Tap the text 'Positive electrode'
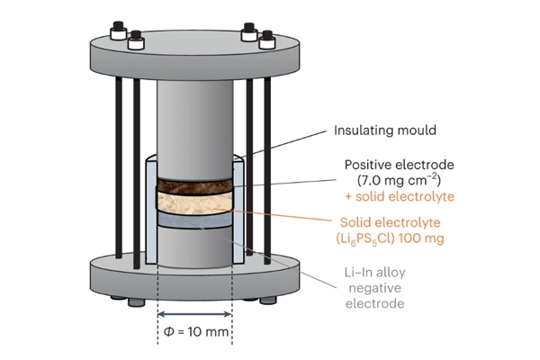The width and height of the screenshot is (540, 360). (x=400, y=165)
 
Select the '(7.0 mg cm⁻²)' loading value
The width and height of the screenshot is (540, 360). (x=400, y=180)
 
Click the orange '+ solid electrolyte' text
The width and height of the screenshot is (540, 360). (x=400, y=196)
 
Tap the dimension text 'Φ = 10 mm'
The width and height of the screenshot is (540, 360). (x=195, y=335)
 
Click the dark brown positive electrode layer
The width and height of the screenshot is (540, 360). (x=194, y=189)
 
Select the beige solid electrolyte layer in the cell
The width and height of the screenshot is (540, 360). (x=194, y=209)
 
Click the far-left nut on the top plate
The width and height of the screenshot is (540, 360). (x=117, y=32)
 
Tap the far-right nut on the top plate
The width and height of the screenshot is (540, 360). (x=267, y=40)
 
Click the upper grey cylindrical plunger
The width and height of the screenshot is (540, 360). (x=194, y=117)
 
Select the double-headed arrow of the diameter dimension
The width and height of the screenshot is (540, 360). (x=195, y=314)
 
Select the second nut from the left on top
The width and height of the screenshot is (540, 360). (x=136, y=40)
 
